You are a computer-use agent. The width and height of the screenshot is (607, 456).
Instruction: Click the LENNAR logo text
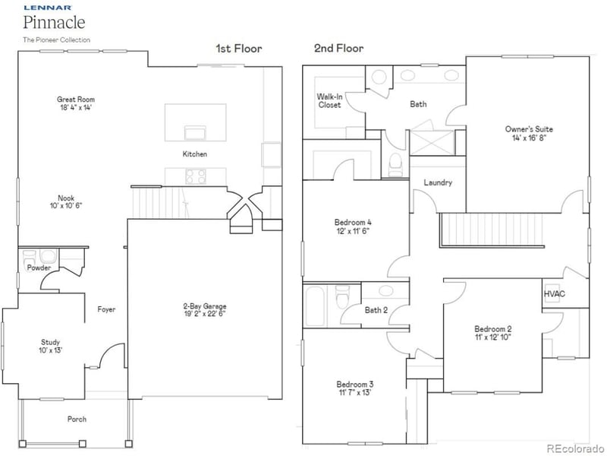point(42,8)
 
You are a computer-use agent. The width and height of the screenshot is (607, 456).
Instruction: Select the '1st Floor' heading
point(239,49)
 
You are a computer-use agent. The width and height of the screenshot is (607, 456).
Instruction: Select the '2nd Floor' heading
point(338,49)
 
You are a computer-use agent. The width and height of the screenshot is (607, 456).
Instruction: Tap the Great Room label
point(76,100)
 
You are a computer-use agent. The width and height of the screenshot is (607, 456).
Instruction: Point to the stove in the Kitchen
point(196,176)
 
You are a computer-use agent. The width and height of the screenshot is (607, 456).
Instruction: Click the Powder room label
point(39,268)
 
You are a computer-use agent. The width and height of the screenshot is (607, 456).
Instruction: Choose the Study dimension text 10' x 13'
point(51,350)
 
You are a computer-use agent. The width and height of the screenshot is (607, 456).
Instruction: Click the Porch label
point(77,419)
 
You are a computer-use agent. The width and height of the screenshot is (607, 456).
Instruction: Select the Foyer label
point(106,309)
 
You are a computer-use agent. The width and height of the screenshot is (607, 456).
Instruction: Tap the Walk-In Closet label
point(329,100)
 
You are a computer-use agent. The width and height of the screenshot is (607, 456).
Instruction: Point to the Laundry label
point(438,182)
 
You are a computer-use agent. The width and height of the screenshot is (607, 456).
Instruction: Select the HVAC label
point(555,294)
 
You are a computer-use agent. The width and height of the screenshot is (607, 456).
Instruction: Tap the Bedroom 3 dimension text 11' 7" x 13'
point(356,393)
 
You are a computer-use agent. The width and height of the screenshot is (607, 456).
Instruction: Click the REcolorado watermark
point(575,447)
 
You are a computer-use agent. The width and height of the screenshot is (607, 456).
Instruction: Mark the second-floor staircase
point(493,230)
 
